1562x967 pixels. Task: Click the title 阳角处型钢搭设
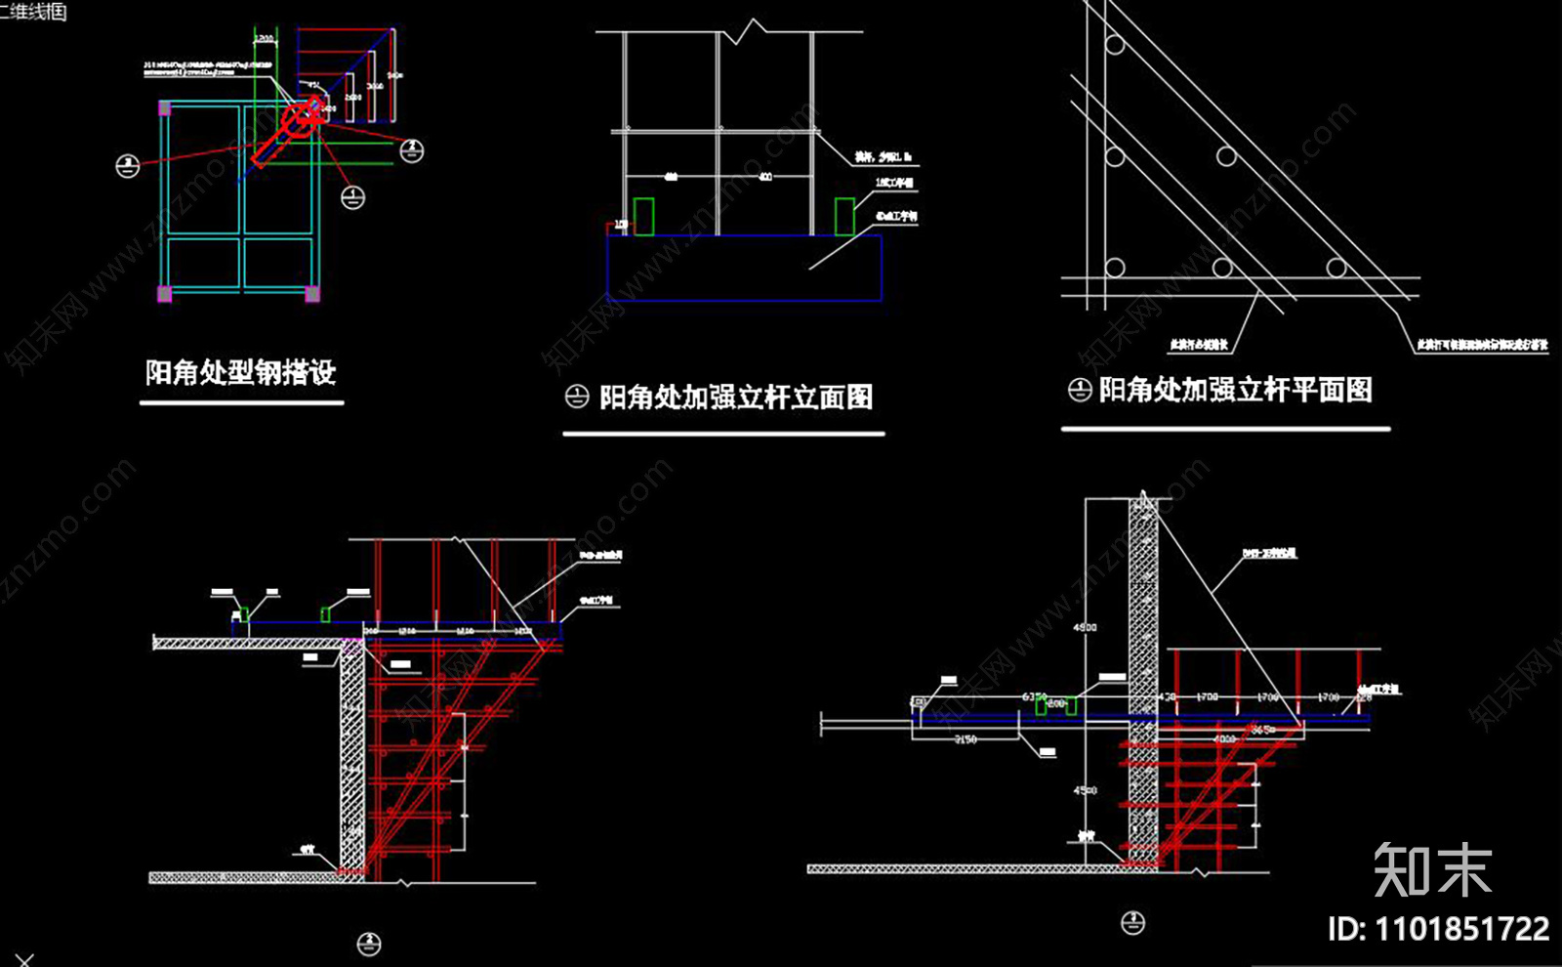(240, 372)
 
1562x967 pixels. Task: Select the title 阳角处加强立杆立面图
(735, 398)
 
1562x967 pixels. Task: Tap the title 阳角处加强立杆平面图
(1235, 390)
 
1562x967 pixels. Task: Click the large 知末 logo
(1432, 869)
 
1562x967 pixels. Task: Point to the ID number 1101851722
(1461, 929)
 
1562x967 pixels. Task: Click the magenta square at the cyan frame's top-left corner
(165, 108)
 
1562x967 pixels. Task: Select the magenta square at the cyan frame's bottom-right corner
(312, 293)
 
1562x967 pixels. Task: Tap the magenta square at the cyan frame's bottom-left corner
(165, 293)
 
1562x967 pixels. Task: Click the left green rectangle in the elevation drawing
(643, 216)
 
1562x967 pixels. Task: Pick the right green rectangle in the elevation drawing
(844, 216)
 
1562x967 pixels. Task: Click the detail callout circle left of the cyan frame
(128, 166)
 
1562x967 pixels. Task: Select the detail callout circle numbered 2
(412, 150)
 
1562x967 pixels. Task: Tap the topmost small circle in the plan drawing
(1115, 45)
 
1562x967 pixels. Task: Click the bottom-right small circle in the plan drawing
(1336, 267)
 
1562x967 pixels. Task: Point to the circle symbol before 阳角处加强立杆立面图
(577, 397)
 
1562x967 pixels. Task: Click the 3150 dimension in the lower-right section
(965, 739)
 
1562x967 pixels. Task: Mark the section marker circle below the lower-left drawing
(368, 944)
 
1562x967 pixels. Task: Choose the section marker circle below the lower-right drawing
(1132, 922)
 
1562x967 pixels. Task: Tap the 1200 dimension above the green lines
(264, 39)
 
